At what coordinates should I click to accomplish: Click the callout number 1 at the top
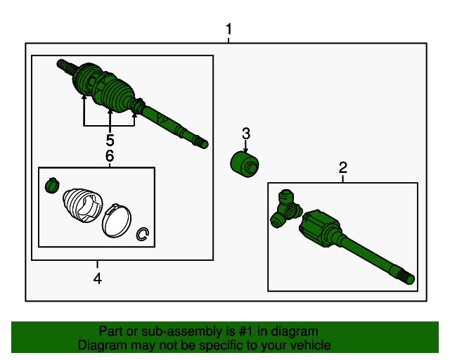[229, 30]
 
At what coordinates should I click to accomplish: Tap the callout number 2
[343, 167]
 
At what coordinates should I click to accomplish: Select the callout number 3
[246, 133]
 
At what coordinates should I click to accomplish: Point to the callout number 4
[98, 279]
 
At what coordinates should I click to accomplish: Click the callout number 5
[110, 140]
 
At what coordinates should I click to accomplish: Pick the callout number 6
[110, 156]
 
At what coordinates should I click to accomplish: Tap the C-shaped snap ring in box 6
[144, 234]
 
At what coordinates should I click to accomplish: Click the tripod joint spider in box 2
[285, 209]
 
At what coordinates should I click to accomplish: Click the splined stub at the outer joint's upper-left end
[64, 65]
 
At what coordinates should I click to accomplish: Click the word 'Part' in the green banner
[112, 331]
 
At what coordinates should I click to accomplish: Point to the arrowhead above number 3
[245, 150]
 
